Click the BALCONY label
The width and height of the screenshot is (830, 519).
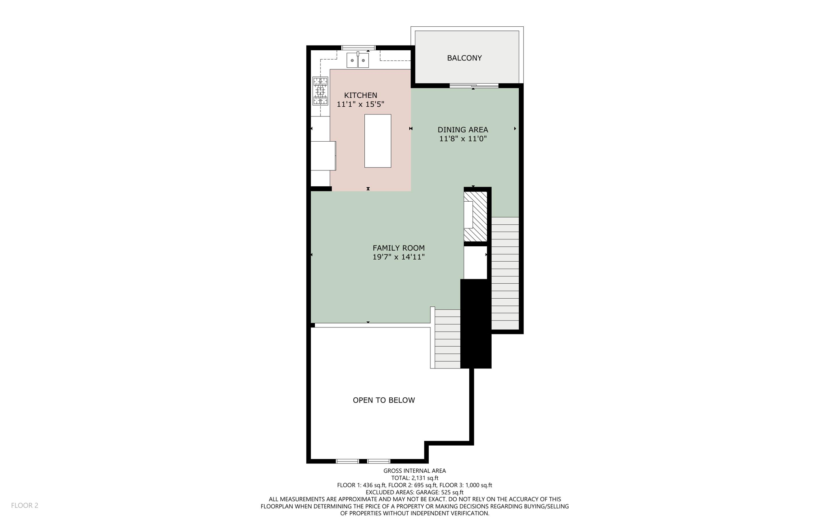click(x=464, y=58)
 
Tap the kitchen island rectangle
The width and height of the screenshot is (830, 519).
click(x=377, y=141)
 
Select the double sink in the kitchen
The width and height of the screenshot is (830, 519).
click(x=357, y=60)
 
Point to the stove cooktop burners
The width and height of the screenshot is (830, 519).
click(x=320, y=91)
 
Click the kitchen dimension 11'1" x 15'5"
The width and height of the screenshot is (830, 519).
click(x=360, y=104)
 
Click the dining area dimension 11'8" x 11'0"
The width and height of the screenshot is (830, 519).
click(x=463, y=139)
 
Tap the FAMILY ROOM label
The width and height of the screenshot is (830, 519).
click(x=398, y=248)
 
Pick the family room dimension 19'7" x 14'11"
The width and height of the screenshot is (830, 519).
click(x=398, y=257)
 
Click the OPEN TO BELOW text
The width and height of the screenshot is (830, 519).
click(x=383, y=400)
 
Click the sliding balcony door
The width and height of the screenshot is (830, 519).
click(x=473, y=86)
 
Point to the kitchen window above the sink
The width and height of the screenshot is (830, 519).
click(x=358, y=48)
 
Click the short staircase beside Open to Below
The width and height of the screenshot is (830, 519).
click(x=447, y=339)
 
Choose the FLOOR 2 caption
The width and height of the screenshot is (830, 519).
click(x=24, y=505)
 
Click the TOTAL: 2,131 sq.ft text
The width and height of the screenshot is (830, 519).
click(x=415, y=478)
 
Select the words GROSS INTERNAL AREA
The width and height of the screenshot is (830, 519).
click(x=415, y=471)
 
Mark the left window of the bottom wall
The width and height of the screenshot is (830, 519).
click(x=347, y=461)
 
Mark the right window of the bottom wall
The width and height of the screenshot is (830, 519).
click(x=379, y=461)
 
